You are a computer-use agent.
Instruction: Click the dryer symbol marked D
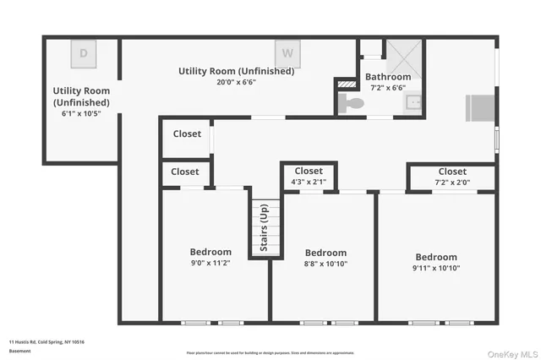coord(83,53)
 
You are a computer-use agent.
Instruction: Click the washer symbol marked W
coord(288,53)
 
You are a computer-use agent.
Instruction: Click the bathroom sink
coord(412,104)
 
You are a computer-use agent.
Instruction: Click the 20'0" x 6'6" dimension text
coord(236,82)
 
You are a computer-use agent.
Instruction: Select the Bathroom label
coord(388,77)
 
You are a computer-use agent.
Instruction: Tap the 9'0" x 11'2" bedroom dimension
coord(210,264)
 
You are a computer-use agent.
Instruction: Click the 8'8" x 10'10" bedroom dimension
coord(325,265)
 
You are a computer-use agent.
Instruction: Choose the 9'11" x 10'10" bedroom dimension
coord(435,269)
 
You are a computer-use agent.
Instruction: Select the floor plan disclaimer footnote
coord(270,352)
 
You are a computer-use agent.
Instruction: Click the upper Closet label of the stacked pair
coord(187,134)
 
